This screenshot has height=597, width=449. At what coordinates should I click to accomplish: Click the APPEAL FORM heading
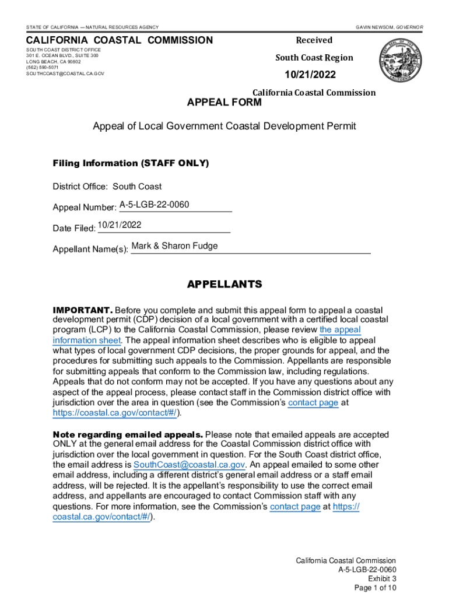[x=224, y=103]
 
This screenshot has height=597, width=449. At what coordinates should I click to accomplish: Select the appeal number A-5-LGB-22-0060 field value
[x=154, y=205]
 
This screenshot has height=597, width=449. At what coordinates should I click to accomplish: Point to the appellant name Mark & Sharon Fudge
[x=174, y=246]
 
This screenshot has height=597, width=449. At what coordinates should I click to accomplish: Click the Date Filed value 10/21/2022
[x=120, y=225]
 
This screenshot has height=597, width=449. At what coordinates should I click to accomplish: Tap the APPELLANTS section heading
[x=224, y=285]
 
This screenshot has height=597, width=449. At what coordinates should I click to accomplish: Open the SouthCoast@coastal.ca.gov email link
[x=189, y=465]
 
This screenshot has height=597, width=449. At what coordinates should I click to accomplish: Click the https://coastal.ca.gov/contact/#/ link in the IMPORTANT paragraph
[x=114, y=413]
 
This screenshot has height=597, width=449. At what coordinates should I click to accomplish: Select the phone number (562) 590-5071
[x=42, y=68]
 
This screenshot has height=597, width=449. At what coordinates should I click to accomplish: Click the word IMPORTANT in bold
[x=82, y=310]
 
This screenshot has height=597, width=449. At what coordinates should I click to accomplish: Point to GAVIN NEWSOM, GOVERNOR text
[x=390, y=27]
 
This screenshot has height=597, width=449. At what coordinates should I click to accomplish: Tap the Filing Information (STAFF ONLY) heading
[x=131, y=163]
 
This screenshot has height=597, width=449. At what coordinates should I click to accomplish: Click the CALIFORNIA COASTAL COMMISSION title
[x=119, y=40]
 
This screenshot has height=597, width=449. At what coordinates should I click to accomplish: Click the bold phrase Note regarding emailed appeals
[x=128, y=435]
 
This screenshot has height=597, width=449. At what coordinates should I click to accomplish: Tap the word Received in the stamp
[x=314, y=40]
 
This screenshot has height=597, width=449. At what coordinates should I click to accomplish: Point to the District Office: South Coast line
[x=107, y=187]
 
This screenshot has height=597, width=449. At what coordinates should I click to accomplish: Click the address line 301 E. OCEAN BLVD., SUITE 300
[x=62, y=55]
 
